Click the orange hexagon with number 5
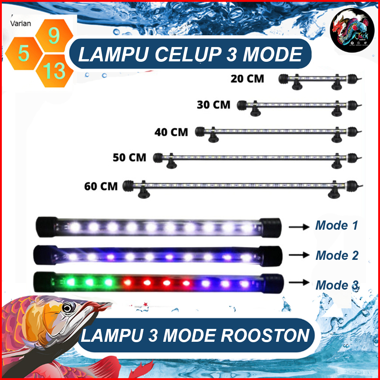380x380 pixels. pyautogui.click(x=23, y=54)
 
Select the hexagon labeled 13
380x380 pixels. pyautogui.click(x=54, y=70)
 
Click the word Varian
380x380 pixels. pyautogui.click(x=21, y=23)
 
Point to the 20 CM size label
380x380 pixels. pyautogui.click(x=247, y=78)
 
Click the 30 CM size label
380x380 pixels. pyautogui.click(x=214, y=105)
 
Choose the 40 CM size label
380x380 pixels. pyautogui.click(x=171, y=132)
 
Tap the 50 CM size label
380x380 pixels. pyautogui.click(x=129, y=158)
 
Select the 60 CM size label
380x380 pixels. pyautogui.click(x=101, y=186)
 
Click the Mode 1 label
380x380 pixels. pyautogui.click(x=336, y=225)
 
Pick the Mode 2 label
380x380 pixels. pyautogui.click(x=337, y=255)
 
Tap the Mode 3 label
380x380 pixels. pyautogui.click(x=337, y=285)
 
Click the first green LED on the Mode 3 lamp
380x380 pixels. pyautogui.click(x=69, y=282)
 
